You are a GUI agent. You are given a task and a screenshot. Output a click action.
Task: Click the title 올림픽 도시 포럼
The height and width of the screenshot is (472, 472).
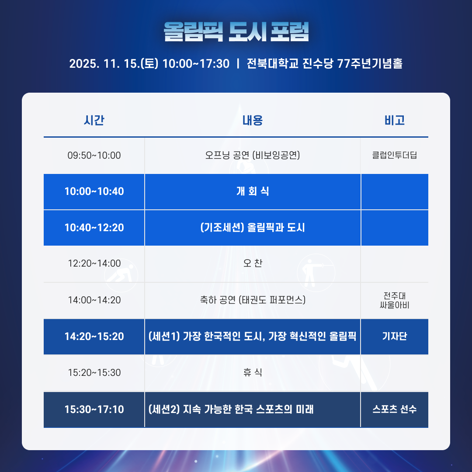point(236,31)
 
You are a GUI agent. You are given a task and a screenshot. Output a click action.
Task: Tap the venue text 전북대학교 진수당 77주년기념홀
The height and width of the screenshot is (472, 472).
point(324,64)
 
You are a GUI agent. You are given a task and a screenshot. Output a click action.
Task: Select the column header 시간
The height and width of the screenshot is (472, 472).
point(94,120)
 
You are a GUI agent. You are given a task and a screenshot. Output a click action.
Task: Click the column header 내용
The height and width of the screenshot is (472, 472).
point(253,120)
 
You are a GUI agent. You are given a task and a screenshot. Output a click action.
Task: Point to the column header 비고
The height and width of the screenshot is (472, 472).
point(394,120)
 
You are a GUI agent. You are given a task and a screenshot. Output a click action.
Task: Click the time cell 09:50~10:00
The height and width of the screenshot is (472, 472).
point(94,155)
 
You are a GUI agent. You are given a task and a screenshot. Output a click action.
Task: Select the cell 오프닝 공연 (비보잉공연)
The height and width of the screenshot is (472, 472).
point(253,155)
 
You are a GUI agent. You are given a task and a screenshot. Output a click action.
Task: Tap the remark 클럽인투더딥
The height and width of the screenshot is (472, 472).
point(394,155)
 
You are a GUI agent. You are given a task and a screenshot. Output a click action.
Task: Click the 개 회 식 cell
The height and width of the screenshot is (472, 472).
point(253,191)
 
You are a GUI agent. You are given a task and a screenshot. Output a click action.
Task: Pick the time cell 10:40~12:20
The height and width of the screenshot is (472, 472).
point(94,228)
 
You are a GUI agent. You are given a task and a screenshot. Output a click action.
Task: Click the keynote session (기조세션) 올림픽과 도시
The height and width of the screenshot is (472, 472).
point(253,228)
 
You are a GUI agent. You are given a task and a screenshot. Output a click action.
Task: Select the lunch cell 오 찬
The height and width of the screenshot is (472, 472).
point(253,264)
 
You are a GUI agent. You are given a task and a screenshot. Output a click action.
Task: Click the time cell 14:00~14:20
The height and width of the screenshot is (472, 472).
point(94,300)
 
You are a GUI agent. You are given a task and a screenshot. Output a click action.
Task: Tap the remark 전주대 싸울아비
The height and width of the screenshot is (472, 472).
point(394,300)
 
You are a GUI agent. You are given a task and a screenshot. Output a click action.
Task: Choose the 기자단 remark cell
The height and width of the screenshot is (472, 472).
point(394,337)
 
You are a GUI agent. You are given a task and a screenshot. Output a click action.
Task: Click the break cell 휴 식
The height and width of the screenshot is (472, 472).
point(253,373)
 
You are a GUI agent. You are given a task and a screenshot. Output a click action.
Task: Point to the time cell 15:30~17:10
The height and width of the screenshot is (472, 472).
point(94,410)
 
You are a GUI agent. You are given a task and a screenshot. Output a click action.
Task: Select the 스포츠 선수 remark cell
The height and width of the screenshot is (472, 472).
point(394,410)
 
